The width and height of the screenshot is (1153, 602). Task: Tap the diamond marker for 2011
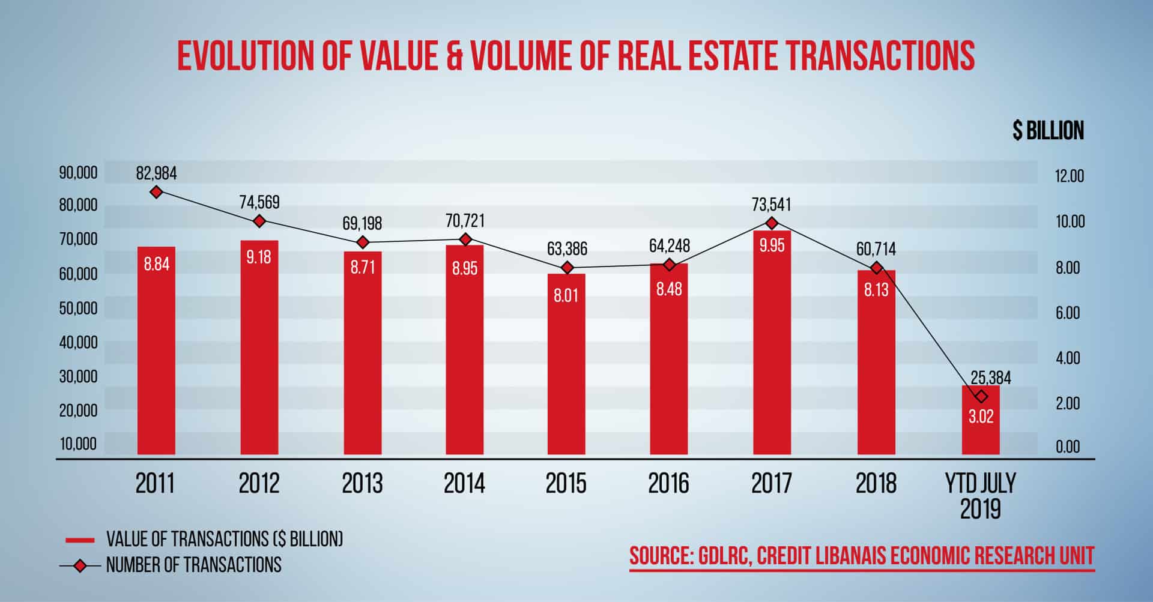coord(157,192)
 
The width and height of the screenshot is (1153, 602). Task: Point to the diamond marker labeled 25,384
coord(981,396)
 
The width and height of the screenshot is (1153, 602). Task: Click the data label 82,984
coord(157,174)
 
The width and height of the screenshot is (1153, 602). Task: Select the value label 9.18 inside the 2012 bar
coord(259,257)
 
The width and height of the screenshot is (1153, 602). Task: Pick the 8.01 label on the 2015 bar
coord(566,296)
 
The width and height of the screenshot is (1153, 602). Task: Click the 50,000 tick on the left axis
coord(78,309)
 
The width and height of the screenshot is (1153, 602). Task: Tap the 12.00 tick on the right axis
coord(1070,176)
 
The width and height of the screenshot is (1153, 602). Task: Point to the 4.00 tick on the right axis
coord(1068,358)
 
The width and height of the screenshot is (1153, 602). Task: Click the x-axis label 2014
coord(464,484)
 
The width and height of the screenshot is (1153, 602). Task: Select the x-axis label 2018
coord(876,484)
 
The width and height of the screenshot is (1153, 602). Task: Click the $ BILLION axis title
coord(1048,130)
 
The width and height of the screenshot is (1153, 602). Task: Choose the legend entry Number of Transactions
coord(193,565)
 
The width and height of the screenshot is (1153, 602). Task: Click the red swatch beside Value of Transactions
coord(80,540)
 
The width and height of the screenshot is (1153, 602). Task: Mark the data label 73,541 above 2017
coord(772,205)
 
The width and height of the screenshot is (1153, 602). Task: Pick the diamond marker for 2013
coord(363,242)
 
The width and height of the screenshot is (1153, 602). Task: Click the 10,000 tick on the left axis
coord(78,444)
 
